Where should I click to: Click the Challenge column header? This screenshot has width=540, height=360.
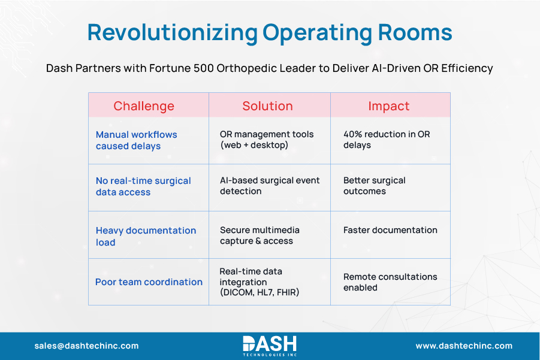tap(144, 106)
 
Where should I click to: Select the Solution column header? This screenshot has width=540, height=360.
tap(267, 106)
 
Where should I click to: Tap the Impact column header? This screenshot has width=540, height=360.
tap(388, 106)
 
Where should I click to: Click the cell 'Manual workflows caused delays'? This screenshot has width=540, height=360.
tap(137, 140)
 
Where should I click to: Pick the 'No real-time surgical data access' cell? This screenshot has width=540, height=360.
tap(143, 186)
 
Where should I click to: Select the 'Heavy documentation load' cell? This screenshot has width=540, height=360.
tap(146, 236)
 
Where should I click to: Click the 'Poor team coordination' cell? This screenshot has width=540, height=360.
tap(149, 282)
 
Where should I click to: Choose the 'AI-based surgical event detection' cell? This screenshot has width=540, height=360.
tap(270, 186)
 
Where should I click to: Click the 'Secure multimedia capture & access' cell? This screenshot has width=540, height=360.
tap(260, 235)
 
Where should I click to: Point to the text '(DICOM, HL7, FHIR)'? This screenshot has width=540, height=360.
tap(259, 292)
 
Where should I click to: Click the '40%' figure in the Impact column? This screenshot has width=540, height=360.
tap(352, 135)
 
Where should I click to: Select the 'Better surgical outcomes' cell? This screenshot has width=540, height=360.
tap(374, 186)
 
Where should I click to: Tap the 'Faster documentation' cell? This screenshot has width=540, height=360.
tap(390, 230)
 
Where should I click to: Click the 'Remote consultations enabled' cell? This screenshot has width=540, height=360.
tap(390, 282)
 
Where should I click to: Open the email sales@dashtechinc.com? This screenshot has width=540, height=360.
tap(86, 346)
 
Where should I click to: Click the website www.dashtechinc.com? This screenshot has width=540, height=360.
tap(464, 346)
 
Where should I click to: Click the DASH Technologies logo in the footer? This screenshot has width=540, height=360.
tap(270, 345)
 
